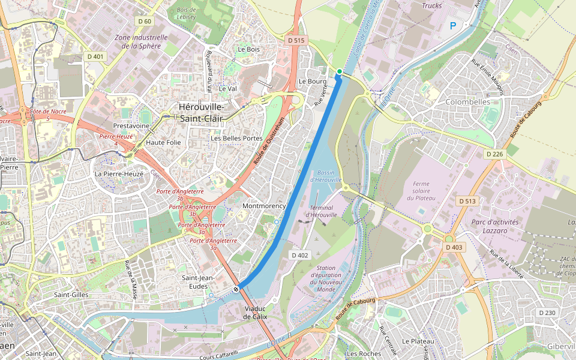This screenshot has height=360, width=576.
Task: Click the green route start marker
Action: tap(340, 71)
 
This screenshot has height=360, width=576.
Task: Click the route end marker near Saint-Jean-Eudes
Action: tap(237, 289)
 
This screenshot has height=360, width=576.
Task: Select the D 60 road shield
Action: tap(145, 21)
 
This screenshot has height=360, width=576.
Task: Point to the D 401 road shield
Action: tap(95, 56)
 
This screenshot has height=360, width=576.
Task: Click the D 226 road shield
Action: tap(494, 154)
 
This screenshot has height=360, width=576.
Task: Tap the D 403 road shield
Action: tap(454, 247)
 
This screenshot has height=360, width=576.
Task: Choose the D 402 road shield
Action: tap(299, 255)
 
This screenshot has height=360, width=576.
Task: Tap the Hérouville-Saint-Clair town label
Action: tap(201, 113)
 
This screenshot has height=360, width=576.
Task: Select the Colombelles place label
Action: tap(468, 102)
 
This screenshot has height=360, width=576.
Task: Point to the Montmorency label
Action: tap(263, 206)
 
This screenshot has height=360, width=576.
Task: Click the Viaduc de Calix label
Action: tap(256, 313)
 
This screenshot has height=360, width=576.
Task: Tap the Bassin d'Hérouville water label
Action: tap(326, 176)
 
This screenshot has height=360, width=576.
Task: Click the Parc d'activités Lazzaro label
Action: tap(495, 226)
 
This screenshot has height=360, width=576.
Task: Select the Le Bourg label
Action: tap(312, 81)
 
